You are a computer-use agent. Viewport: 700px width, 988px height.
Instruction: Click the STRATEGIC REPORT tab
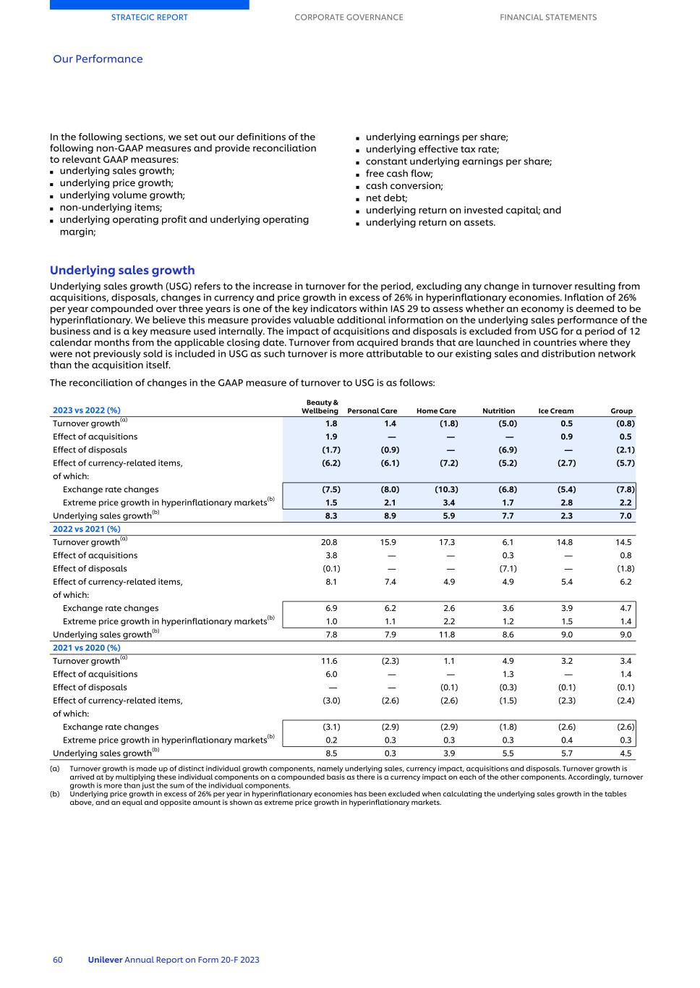pos(149,17)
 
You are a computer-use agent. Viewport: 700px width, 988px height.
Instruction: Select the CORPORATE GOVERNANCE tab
pos(349,17)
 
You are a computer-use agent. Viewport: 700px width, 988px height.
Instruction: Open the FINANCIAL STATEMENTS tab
pos(548,17)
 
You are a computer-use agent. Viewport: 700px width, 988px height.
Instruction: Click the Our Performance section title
pos(98,59)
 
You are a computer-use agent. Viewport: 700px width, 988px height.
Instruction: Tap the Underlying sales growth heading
pos(122,270)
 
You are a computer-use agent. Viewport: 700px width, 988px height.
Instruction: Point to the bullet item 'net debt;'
pos(386,198)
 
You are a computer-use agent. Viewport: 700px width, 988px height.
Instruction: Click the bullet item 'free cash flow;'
pos(399,174)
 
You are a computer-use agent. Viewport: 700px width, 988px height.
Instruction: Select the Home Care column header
pos(436,411)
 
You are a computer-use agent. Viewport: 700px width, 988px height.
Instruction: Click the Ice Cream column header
pos(555,411)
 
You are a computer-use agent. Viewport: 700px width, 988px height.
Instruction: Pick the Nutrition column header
pos(498,411)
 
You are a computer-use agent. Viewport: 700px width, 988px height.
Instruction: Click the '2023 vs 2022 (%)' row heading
pos(87,410)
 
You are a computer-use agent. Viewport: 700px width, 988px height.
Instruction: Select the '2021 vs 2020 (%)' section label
pos(87,648)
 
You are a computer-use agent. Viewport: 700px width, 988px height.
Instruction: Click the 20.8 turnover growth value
pos(331,542)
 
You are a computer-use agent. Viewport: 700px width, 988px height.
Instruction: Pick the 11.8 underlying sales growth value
pos(448,635)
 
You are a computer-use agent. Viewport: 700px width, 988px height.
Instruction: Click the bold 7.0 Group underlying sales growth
pos(626,516)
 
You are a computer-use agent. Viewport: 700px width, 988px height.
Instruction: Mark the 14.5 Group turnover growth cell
pos(623,542)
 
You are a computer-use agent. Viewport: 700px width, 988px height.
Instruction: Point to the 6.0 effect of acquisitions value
pos(331,674)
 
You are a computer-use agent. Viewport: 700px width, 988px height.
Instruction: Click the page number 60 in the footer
pos(58,960)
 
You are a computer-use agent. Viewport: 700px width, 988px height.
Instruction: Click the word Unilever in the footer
pos(105,960)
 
